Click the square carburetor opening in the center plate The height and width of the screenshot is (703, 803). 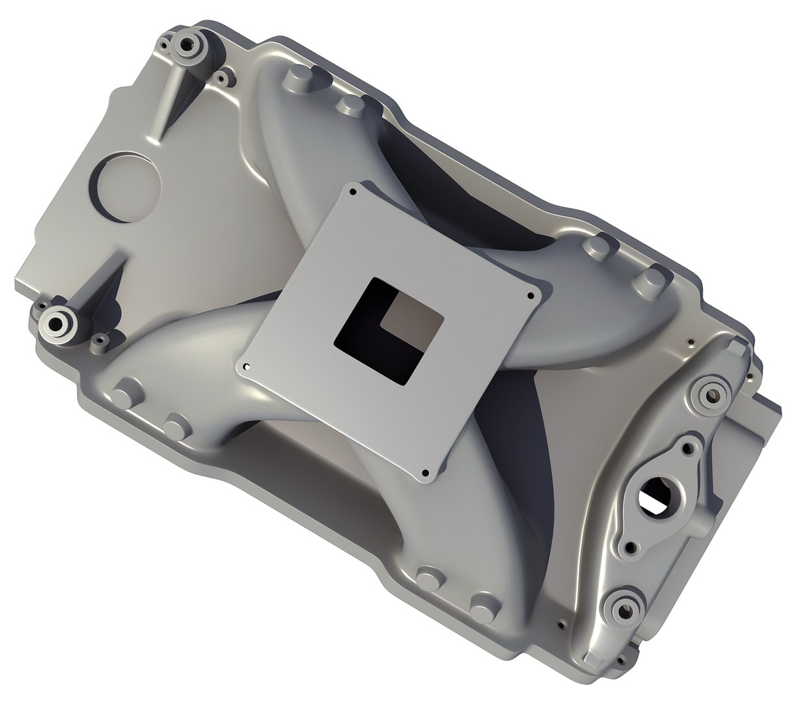[389, 329]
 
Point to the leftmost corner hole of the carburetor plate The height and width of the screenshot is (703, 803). [247, 367]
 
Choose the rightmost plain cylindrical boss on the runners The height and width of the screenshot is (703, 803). [649, 277]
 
